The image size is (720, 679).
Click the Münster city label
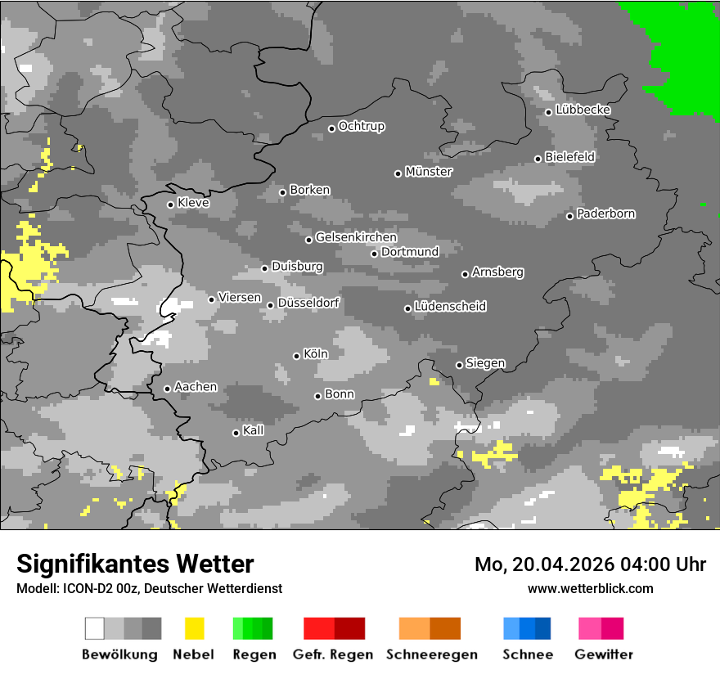[x=429, y=172]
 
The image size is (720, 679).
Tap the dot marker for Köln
[x=297, y=356]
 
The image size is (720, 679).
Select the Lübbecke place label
[x=583, y=110]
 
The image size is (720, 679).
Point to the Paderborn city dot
[x=570, y=216]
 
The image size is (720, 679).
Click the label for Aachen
[x=196, y=386]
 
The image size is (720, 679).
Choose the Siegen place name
[x=485, y=362]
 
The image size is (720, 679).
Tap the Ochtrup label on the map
[x=361, y=126]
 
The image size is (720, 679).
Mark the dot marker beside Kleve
[x=170, y=205]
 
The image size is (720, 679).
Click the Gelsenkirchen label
[x=356, y=237]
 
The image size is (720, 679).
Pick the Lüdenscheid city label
[x=450, y=306]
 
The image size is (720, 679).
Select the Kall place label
[x=253, y=430]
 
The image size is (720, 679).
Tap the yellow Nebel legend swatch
[x=194, y=628]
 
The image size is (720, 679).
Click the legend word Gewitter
[x=603, y=654]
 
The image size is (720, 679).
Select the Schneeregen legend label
[x=431, y=654]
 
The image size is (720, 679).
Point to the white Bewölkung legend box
[x=95, y=628]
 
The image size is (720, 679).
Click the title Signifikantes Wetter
[x=135, y=564]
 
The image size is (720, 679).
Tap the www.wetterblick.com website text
[x=590, y=588]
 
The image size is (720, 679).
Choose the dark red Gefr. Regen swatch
[x=349, y=628]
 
